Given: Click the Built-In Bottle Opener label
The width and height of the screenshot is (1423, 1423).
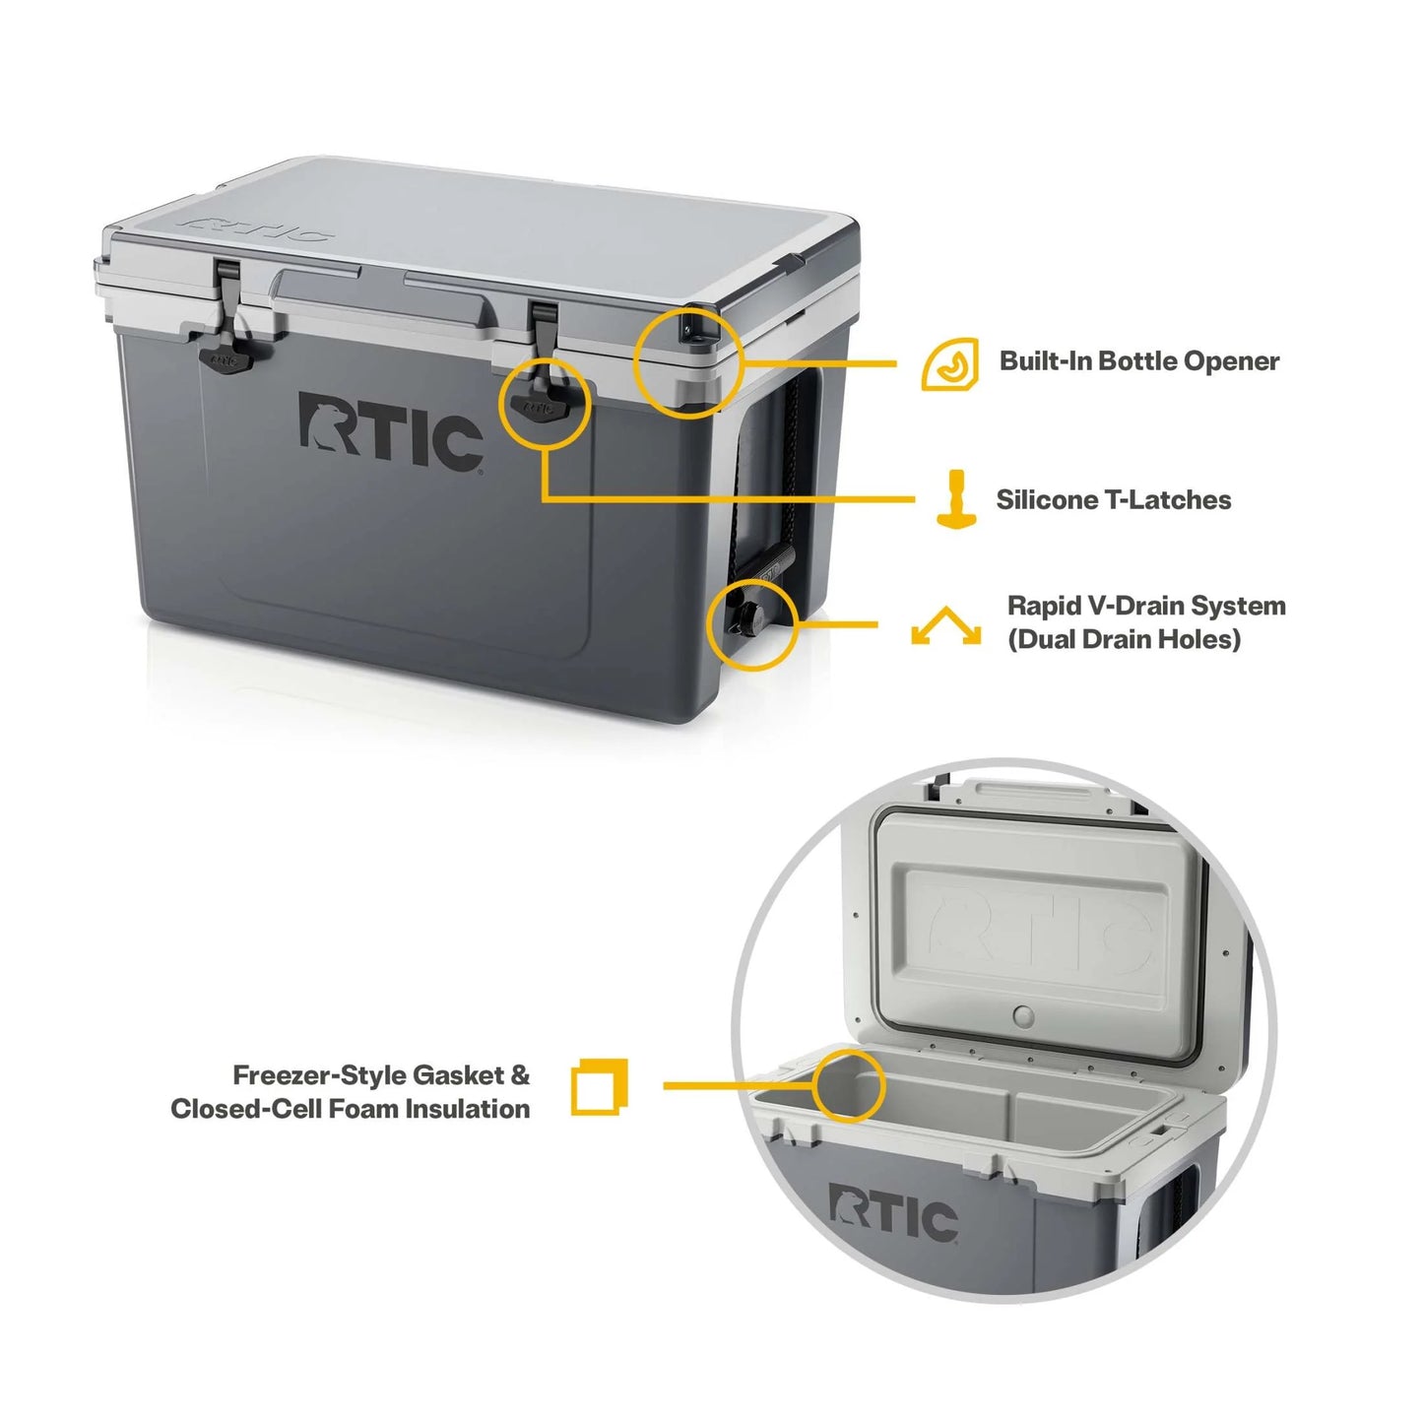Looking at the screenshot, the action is point(1138,361).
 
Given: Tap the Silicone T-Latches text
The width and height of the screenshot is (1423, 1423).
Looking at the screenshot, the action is point(1113,500).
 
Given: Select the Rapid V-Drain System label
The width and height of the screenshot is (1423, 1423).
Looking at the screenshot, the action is point(1145,606).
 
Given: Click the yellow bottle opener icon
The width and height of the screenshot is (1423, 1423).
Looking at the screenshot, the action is point(949,364).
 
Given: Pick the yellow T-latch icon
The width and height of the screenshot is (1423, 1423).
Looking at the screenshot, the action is point(955,499).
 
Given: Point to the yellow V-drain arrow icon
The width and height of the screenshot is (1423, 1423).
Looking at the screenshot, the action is point(945,626).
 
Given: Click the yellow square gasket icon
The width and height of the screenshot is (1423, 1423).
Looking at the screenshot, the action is point(599,1087).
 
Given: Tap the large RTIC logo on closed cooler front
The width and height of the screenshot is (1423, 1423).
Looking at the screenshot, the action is point(390,431).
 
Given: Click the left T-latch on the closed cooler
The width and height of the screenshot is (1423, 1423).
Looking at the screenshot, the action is point(226,351).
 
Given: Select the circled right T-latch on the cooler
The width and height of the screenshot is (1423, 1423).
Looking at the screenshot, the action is point(543,400).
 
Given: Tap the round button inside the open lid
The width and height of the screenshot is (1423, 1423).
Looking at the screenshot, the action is point(1024,1015).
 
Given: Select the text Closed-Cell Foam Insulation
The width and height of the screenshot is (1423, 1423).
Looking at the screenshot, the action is point(351,1109).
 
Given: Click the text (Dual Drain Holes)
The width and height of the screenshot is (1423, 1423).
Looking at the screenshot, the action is point(1123,640).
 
